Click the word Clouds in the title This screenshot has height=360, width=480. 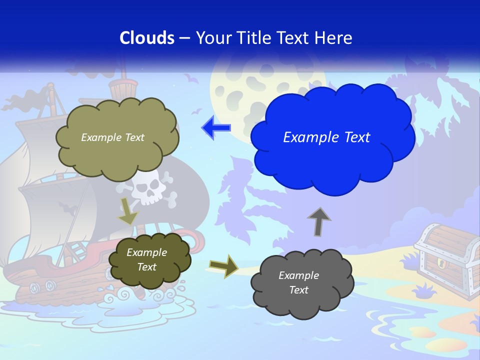(147, 37)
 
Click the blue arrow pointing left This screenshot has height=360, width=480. (216, 127)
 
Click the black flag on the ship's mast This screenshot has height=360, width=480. (30, 99)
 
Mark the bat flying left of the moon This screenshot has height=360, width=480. (189, 78)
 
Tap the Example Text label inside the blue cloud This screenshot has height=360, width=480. (326, 137)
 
